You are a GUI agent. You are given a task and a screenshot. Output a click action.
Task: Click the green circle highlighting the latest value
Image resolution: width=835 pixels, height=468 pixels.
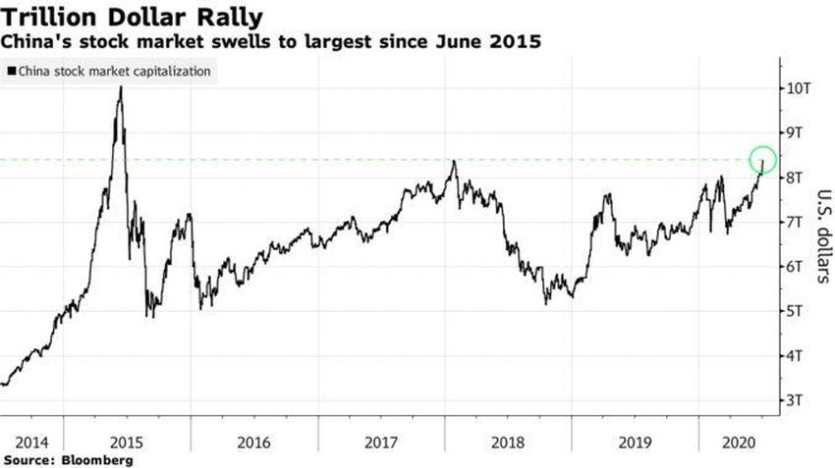click(762, 159)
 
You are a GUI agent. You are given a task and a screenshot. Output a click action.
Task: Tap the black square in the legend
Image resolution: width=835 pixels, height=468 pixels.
click(11, 72)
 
